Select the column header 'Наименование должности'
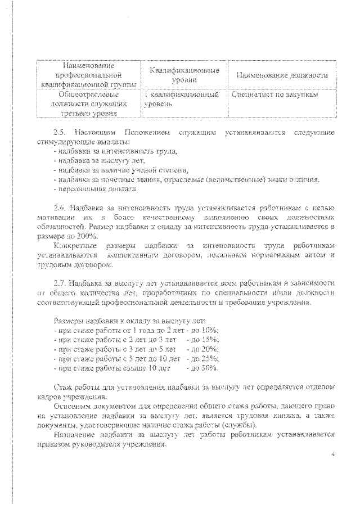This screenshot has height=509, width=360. click(282, 75)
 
